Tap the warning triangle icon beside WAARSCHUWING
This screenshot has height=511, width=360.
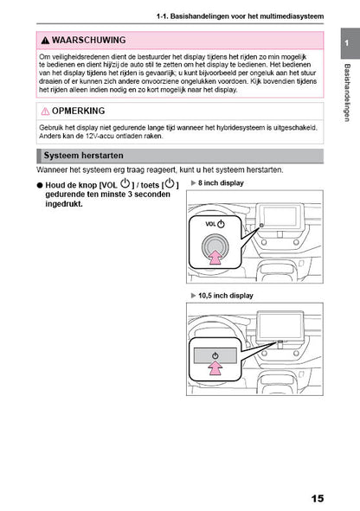(45, 41)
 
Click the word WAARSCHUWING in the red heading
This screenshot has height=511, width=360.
(88, 41)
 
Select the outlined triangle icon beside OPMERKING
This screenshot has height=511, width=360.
(45, 112)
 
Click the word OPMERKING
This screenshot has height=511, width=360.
(79, 112)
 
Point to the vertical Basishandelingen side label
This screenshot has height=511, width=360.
(345, 92)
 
